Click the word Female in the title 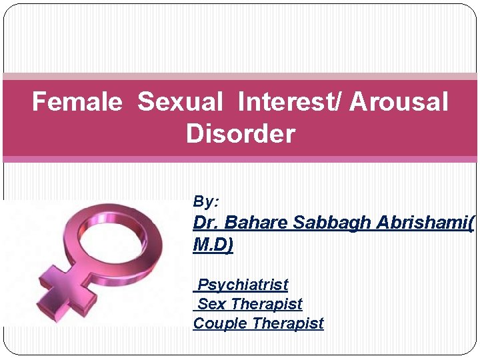(77, 103)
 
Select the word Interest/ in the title (289, 103)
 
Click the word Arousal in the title (399, 103)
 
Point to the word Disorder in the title (240, 134)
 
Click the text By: (206, 201)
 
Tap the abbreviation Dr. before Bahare (205, 223)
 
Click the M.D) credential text (213, 245)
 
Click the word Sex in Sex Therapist (212, 304)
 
